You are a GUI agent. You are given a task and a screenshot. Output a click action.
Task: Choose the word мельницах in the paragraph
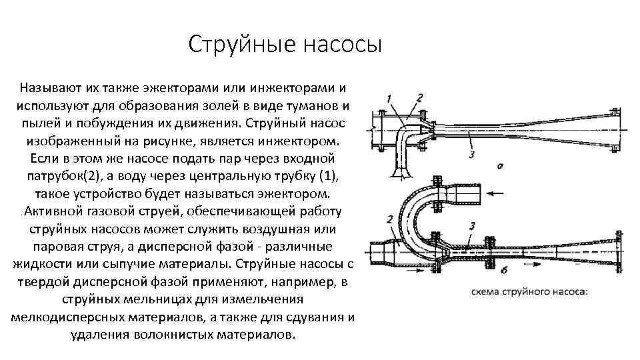159,299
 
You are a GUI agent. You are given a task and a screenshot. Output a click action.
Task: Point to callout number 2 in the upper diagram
419,98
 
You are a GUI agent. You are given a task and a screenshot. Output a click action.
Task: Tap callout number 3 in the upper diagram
472,155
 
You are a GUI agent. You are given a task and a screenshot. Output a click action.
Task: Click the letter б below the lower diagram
503,270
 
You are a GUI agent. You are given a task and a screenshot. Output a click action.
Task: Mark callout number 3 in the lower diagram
472,226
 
